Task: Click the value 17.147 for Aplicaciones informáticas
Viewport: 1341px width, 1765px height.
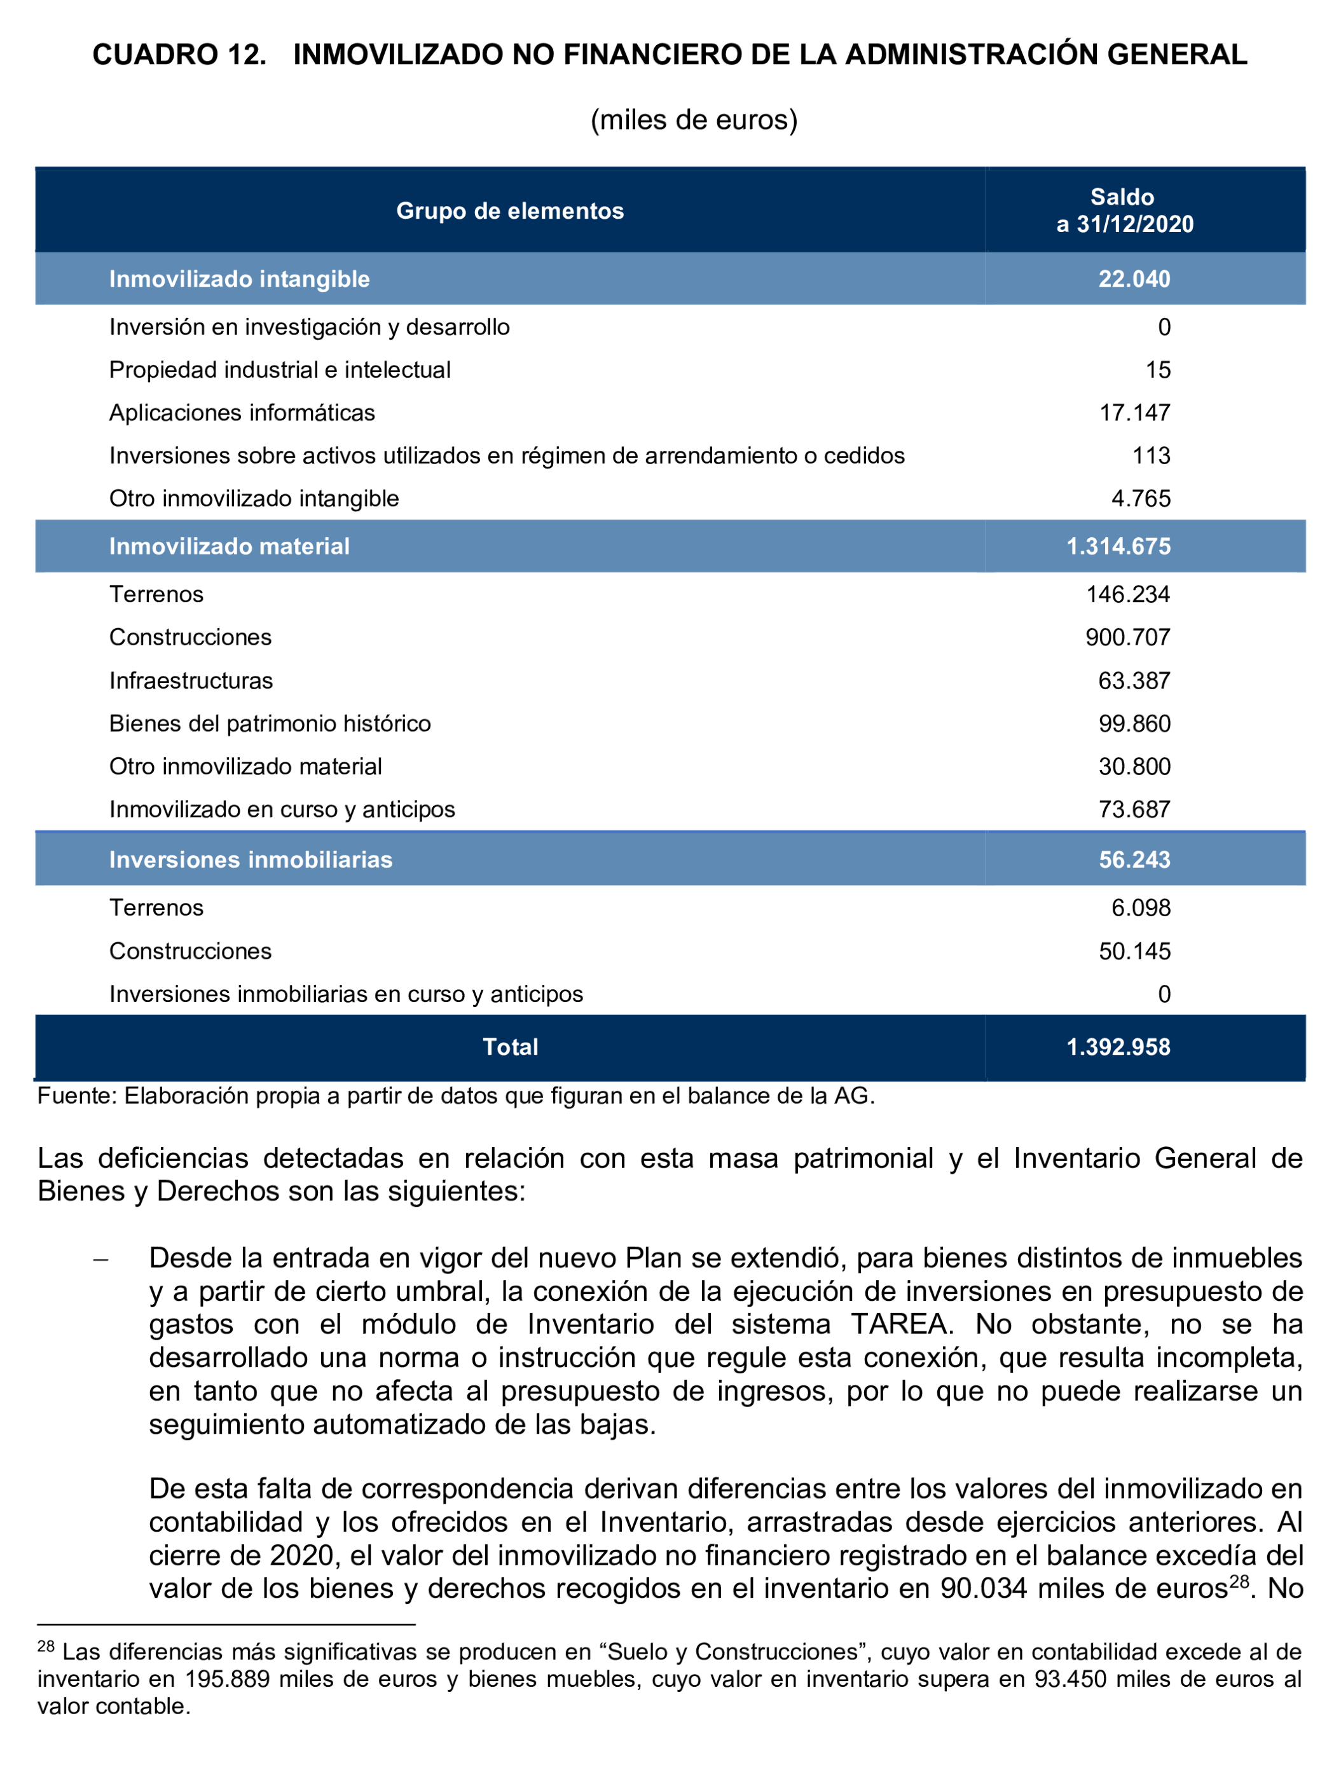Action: (1134, 413)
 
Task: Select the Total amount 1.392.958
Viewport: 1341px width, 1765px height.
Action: (1118, 1047)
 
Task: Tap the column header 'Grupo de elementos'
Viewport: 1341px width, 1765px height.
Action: (510, 210)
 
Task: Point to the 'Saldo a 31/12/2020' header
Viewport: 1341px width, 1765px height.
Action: (1124, 210)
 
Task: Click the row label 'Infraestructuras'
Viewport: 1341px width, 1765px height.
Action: (191, 680)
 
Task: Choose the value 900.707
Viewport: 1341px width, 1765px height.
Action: (1127, 637)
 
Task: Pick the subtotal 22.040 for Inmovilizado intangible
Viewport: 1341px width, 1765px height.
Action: (1134, 278)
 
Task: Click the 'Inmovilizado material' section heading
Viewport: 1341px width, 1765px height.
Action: (229, 546)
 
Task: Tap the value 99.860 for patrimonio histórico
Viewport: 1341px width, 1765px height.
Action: (1134, 724)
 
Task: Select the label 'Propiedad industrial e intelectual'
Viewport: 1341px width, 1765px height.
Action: (279, 369)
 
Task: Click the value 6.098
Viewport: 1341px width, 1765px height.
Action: (1141, 908)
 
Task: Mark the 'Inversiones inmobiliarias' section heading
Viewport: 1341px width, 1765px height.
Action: (251, 860)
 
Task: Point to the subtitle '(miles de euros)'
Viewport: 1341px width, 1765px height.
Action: (694, 120)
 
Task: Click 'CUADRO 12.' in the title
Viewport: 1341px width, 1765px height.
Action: (179, 54)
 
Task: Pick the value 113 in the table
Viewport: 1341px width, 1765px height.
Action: (1151, 456)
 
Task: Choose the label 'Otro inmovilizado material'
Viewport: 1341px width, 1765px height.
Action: (245, 766)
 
